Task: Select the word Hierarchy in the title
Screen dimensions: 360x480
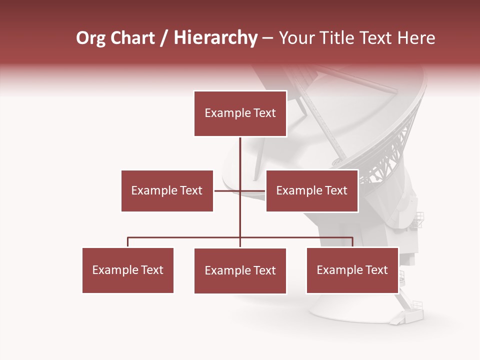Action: pos(215,38)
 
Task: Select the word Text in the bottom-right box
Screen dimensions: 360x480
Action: pos(376,270)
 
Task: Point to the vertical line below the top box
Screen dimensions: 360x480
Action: pos(240,155)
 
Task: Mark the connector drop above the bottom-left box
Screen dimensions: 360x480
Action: pos(127,242)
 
